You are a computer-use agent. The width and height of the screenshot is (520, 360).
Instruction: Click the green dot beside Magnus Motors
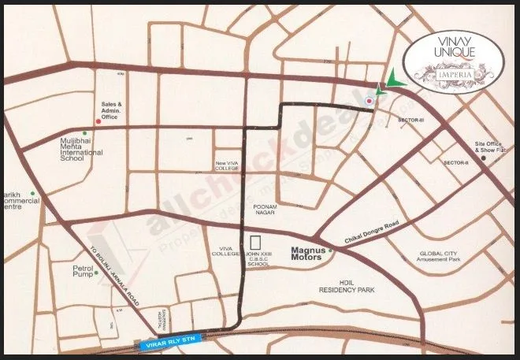point(331,251)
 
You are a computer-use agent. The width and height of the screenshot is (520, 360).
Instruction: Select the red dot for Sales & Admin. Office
point(98,121)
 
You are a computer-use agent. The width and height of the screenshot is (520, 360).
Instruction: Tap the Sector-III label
point(411,120)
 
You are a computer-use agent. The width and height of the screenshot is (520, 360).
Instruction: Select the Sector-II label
point(455,162)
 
